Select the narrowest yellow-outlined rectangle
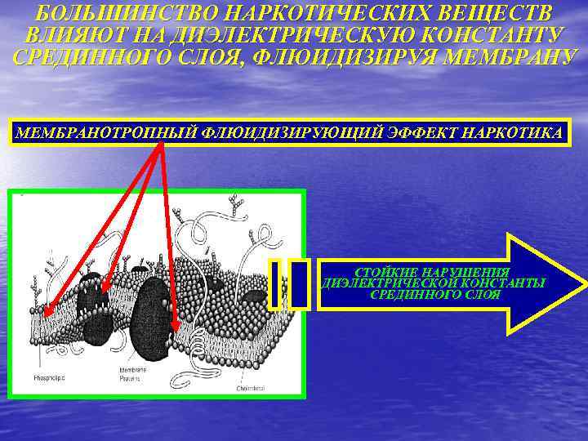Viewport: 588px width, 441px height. click(x=275, y=285)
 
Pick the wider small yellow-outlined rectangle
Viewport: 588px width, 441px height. click(x=300, y=285)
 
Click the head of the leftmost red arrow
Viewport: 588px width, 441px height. click(x=47, y=314)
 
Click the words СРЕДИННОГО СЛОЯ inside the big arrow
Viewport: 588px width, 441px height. click(x=435, y=295)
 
